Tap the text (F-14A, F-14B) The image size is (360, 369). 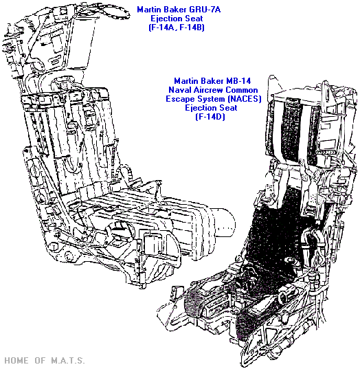tap(177, 27)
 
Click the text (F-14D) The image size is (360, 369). tap(210, 117)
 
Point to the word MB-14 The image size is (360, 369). tap(238, 81)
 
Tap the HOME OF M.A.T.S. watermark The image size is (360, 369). tap(44, 360)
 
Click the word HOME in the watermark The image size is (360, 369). tap(16, 360)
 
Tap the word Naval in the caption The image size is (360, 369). tap(180, 90)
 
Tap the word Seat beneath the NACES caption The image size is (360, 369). tap(229, 108)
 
